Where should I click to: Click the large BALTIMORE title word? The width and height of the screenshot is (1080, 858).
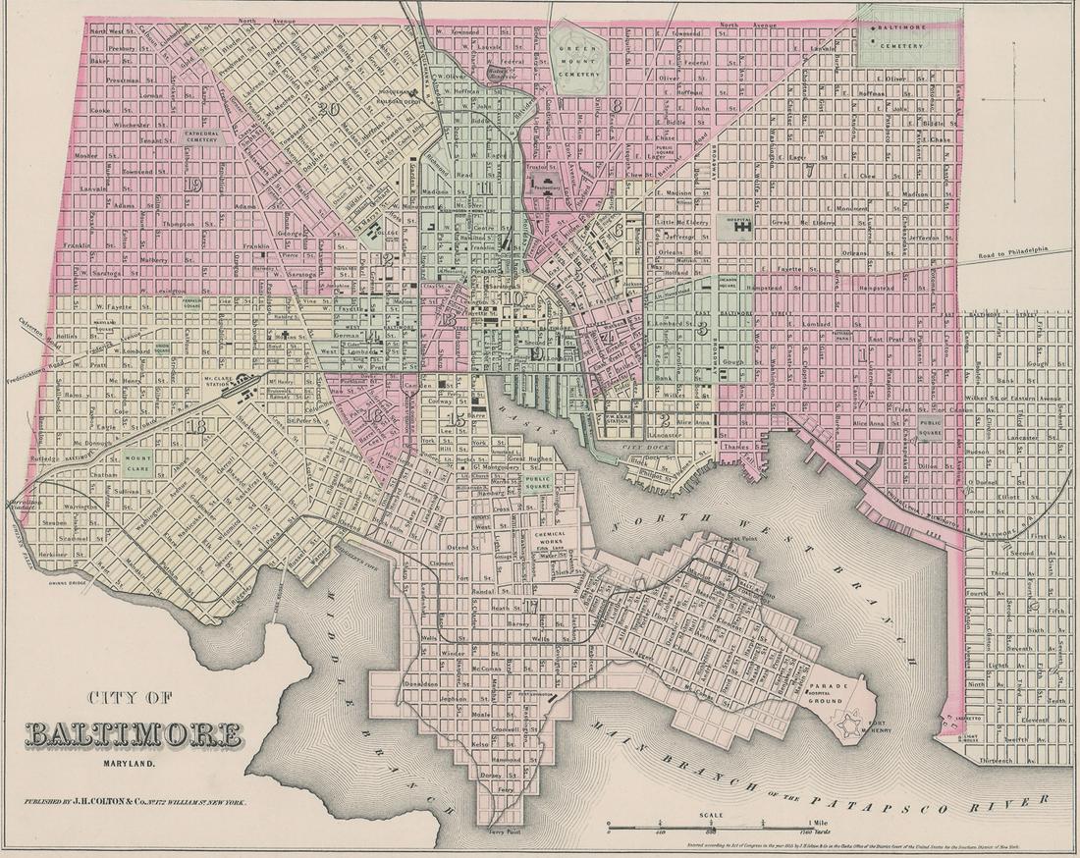pos(133,733)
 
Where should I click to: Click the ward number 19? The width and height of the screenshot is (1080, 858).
pos(190,184)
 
